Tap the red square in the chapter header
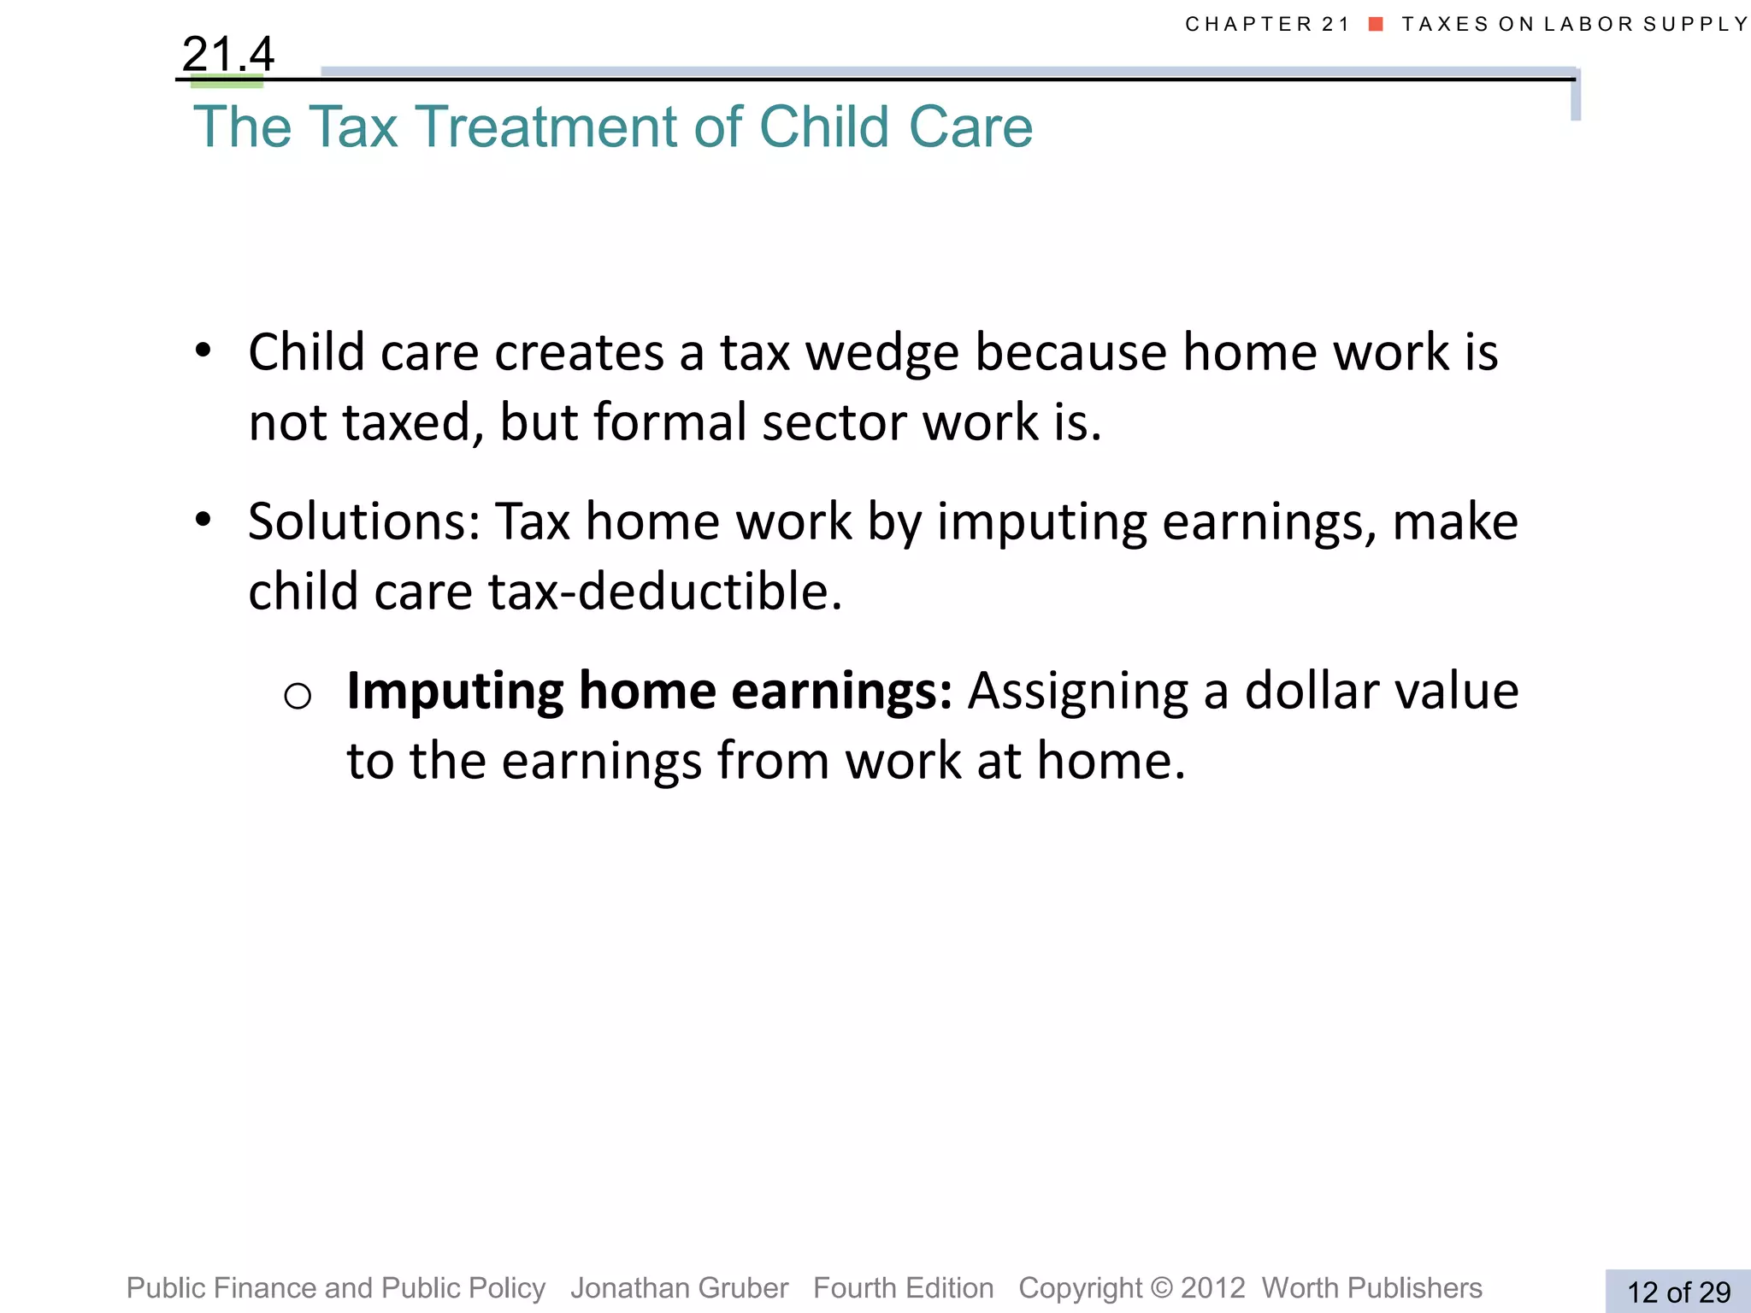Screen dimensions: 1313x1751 tap(1376, 24)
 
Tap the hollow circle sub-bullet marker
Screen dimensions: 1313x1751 tap(298, 696)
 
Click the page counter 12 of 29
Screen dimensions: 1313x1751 tap(1677, 1292)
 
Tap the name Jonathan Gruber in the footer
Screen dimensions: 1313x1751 tap(679, 1287)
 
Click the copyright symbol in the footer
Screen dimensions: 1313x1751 tap(1161, 1288)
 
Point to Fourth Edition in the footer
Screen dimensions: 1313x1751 tap(903, 1287)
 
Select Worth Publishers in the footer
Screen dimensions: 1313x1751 tap(1371, 1287)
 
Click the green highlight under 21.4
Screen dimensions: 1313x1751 tap(227, 83)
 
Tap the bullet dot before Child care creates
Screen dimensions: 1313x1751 tap(203, 350)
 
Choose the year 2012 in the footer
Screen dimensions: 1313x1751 tap(1212, 1288)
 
